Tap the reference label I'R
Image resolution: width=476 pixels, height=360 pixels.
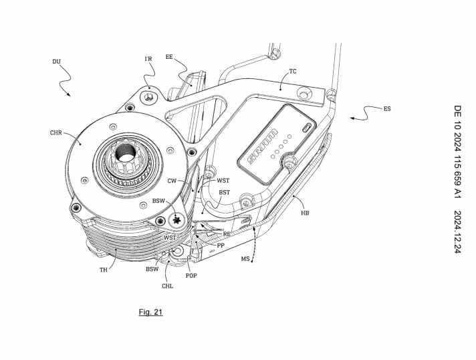pos(149,59)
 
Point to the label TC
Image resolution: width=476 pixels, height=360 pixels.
pos(293,70)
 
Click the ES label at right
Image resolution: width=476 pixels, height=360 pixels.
pos(387,108)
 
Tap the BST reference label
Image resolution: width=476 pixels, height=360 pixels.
pos(225,192)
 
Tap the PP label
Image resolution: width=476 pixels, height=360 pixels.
pos(220,246)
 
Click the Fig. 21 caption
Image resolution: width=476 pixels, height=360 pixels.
pos(151,312)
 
